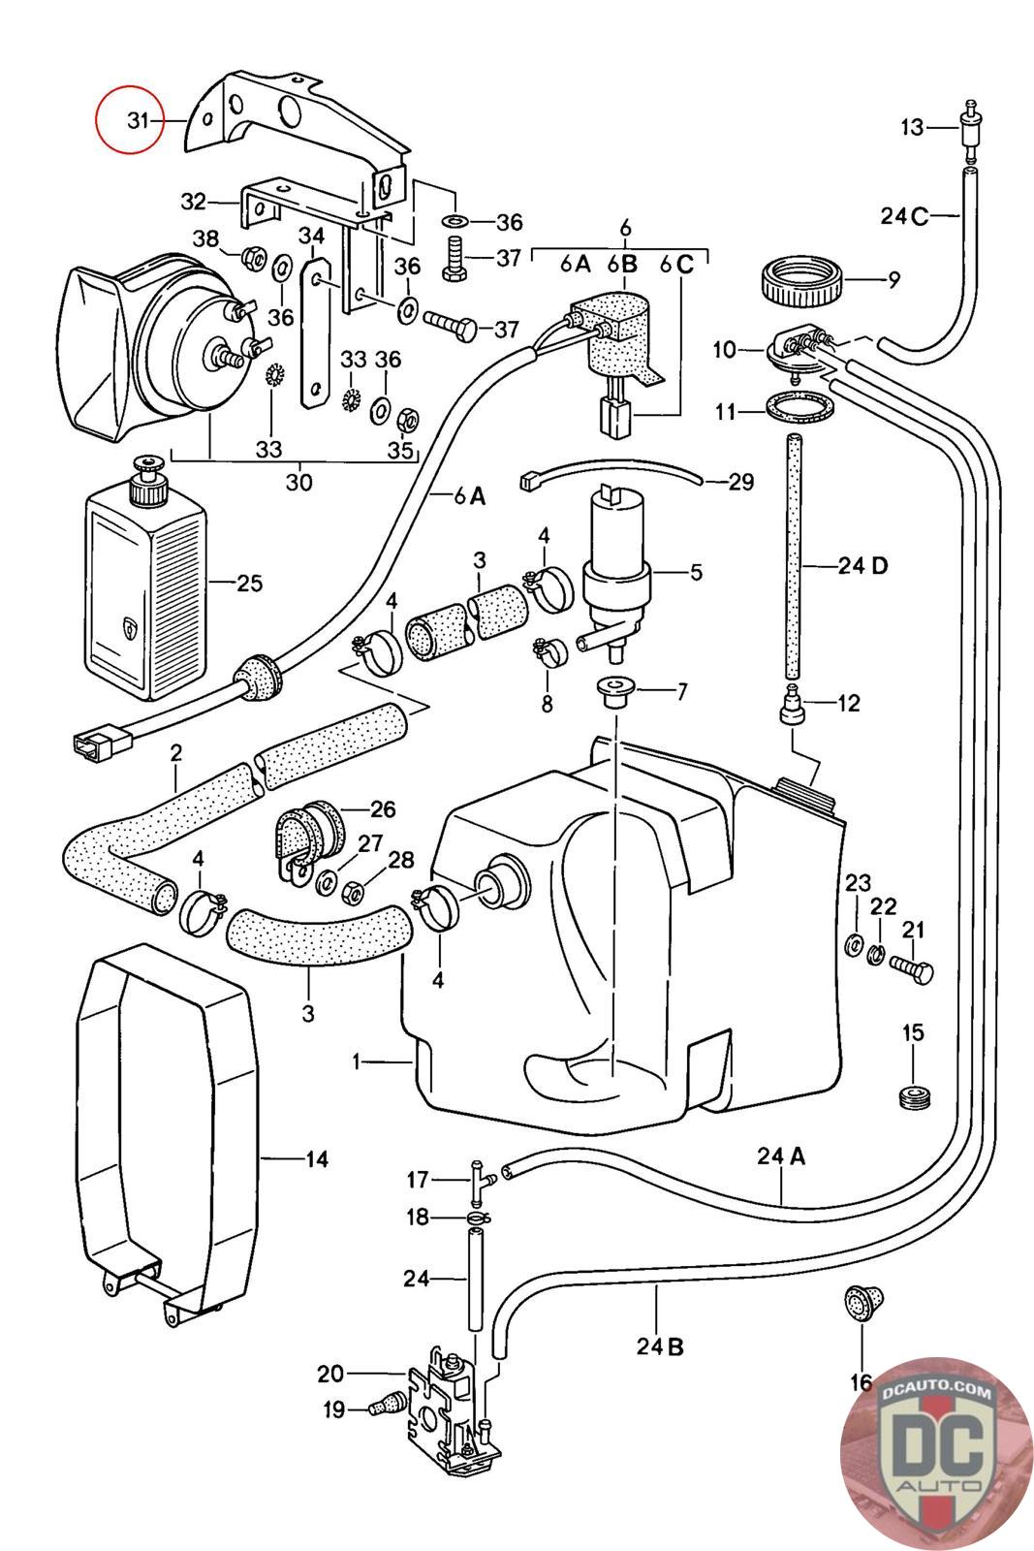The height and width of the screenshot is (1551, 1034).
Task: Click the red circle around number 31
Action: coord(97,120)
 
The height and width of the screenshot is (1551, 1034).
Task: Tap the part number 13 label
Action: coord(912,127)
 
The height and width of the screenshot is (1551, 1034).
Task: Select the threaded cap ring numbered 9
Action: coord(802,280)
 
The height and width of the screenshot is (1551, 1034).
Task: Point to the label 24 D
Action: coord(862,566)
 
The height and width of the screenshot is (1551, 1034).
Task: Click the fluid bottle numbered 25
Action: coord(146,581)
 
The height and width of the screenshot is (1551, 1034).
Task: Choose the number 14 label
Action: coord(317,1159)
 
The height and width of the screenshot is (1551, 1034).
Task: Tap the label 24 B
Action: coord(660,1346)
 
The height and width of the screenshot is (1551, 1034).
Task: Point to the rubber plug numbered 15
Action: coord(914,1096)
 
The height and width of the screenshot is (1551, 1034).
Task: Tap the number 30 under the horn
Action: coord(299,481)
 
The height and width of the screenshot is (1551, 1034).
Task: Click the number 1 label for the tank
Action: coord(357,1060)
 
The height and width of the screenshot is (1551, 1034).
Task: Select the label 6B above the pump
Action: coord(622,264)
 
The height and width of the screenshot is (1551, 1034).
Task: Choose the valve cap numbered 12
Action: coord(792,704)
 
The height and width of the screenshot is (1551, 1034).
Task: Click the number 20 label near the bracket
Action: coord(330,1373)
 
